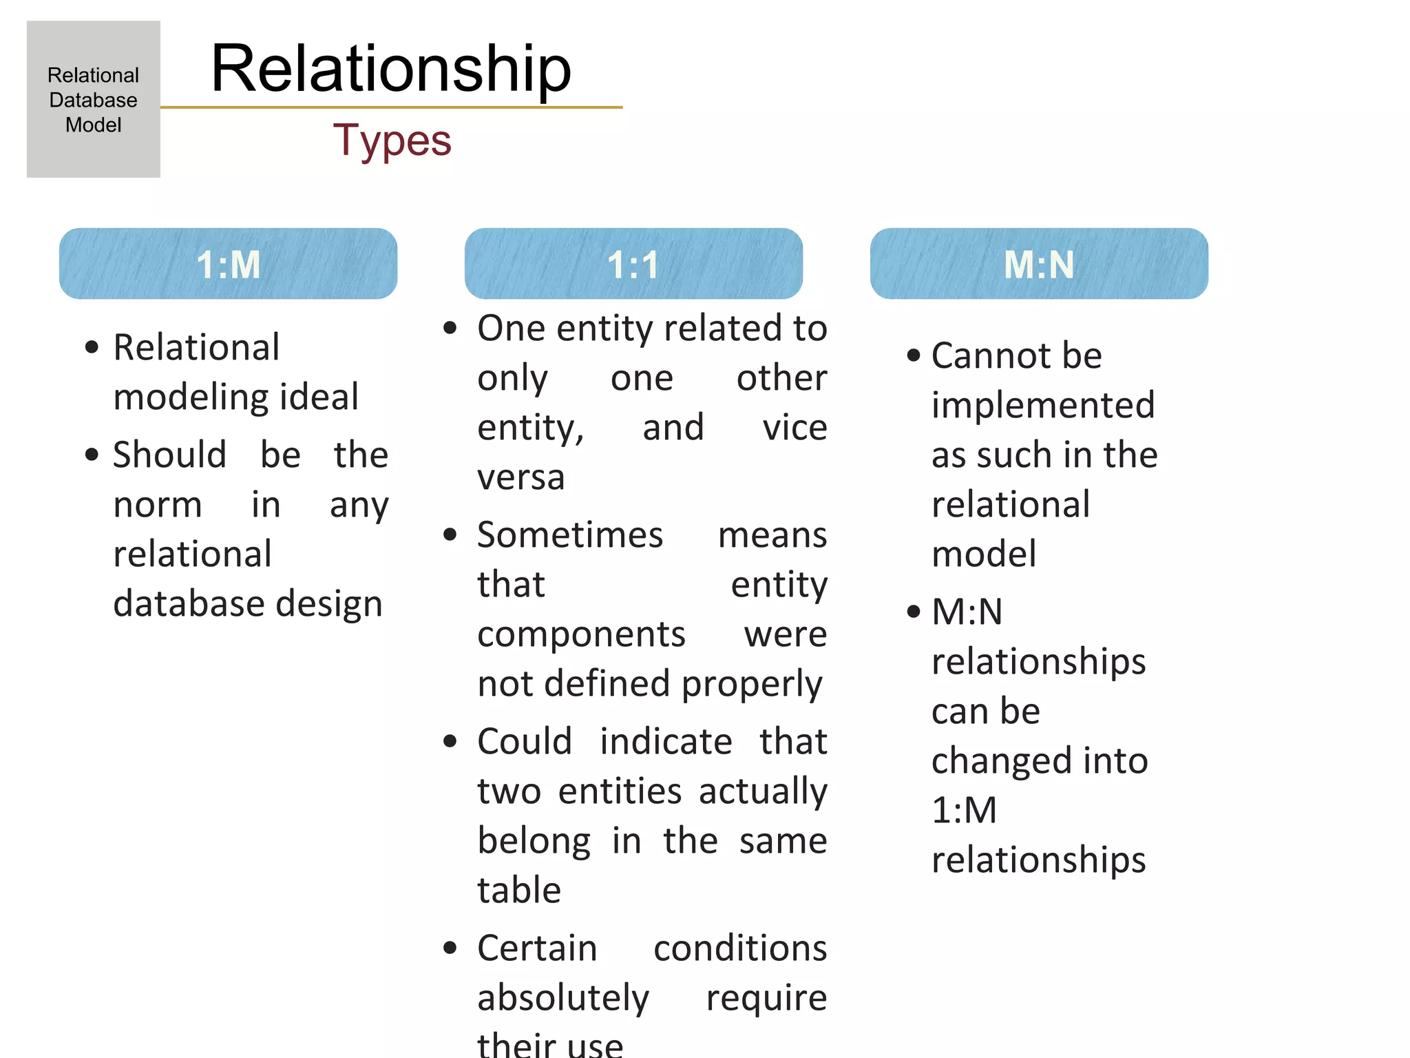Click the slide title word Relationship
390,69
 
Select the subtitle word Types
392,141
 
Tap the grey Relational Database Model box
94,99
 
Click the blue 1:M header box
228,264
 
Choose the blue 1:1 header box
633,264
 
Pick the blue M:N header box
1039,264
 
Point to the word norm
158,505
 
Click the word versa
521,477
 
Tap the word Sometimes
570,535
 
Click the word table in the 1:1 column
519,891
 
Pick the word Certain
537,948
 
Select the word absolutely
563,999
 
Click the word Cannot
991,356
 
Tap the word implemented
1043,406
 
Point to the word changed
1002,761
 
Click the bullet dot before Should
92,455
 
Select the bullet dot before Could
450,741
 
